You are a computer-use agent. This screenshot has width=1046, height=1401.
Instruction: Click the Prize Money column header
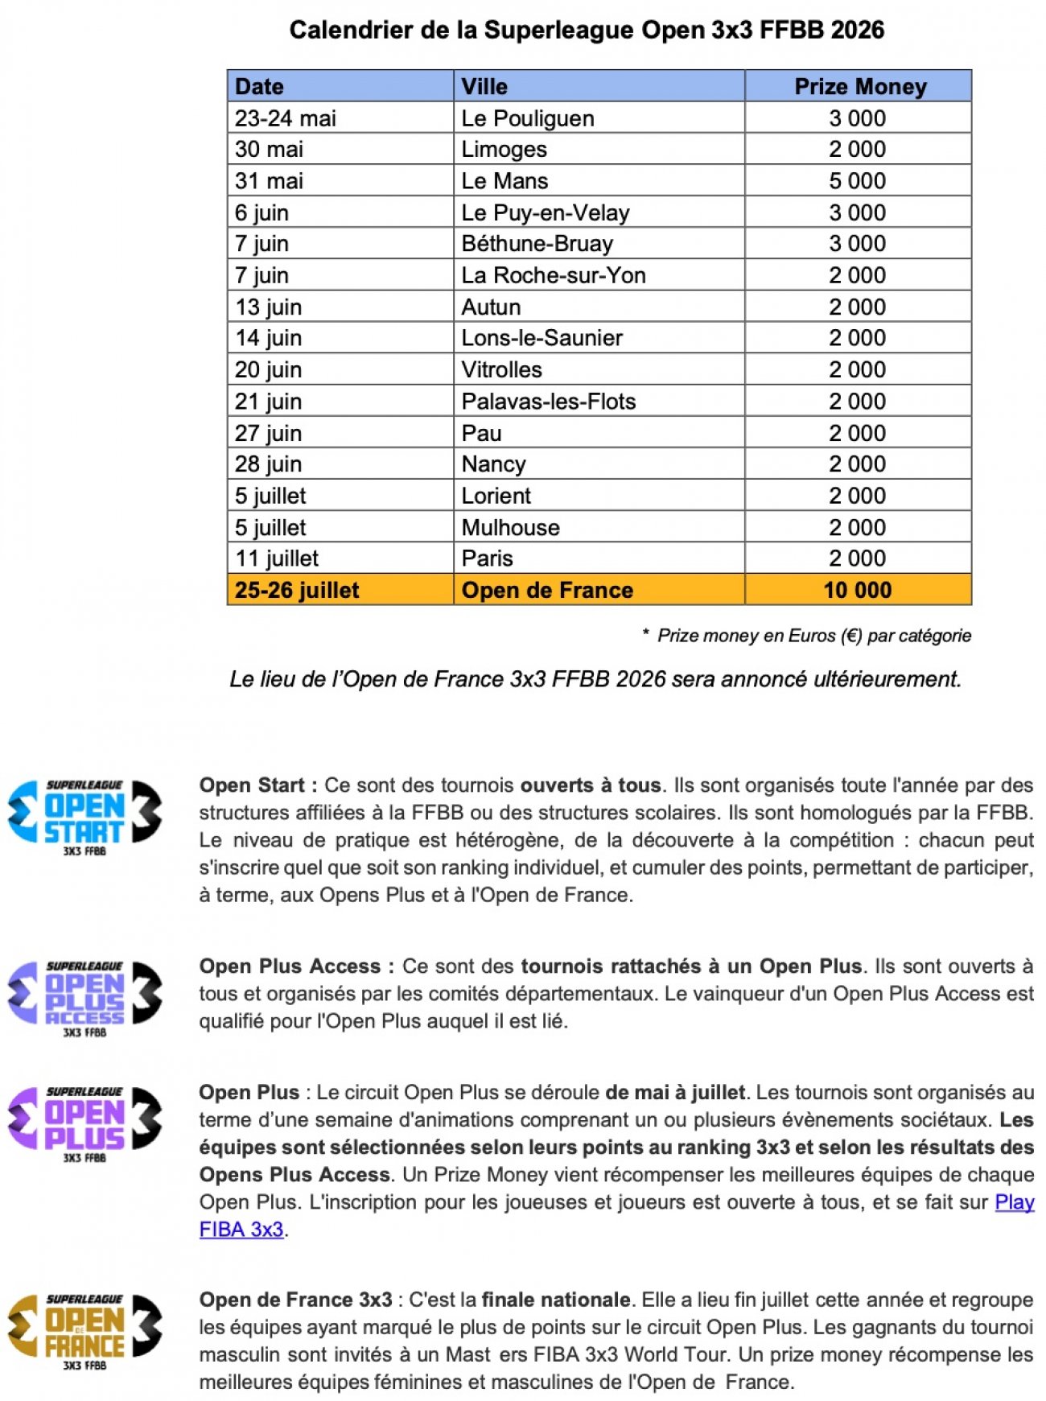click(859, 86)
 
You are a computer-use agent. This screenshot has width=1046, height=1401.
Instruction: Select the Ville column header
click(484, 86)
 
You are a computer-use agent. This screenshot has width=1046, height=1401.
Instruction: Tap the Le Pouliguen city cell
click(528, 118)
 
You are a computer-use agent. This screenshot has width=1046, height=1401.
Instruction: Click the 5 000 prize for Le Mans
click(857, 181)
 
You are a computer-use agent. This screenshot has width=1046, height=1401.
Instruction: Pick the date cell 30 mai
click(269, 150)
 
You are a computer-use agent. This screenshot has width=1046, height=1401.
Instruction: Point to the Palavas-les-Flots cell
click(548, 402)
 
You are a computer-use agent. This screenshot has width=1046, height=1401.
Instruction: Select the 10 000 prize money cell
click(857, 590)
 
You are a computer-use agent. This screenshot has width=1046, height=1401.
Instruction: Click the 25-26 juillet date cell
click(297, 590)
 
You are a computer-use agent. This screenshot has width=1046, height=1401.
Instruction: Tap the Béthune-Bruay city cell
click(537, 244)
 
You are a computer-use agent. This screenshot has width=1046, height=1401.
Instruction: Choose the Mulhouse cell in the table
click(510, 527)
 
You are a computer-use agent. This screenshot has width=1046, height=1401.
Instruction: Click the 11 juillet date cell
click(277, 558)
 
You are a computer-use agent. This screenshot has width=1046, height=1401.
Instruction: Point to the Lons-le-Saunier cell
click(542, 338)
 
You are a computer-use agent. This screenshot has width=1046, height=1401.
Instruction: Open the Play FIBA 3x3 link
click(1014, 1202)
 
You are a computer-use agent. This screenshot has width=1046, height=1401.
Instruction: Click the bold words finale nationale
click(556, 1300)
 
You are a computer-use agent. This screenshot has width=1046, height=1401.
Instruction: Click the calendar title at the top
click(587, 31)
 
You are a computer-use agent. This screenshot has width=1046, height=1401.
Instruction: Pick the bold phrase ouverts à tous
click(591, 785)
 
